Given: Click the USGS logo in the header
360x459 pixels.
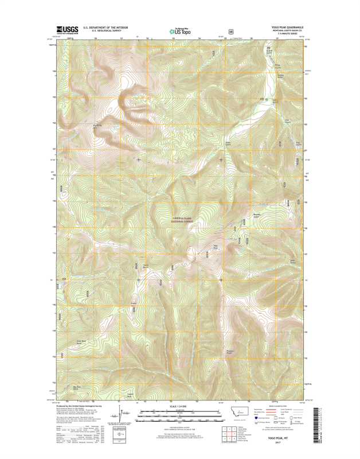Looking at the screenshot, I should tap(67, 30).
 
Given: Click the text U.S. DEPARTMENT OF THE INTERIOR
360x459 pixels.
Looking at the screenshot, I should tap(106, 27).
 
